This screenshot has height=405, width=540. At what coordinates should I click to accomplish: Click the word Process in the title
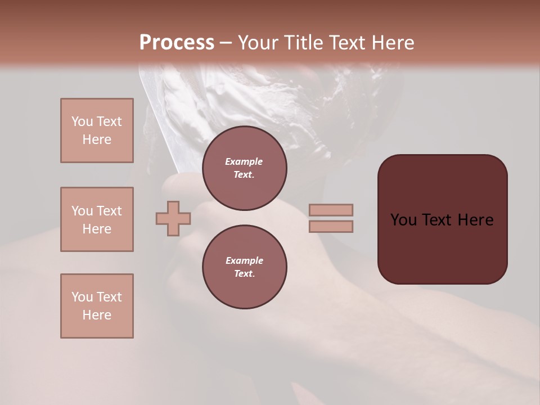click(x=177, y=43)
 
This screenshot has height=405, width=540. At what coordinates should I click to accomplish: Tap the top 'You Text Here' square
click(x=97, y=130)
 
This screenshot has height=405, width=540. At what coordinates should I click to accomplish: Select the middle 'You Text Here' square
click(x=97, y=219)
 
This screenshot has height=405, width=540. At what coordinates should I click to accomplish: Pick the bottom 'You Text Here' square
click(x=97, y=306)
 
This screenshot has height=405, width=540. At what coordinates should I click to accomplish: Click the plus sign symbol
click(x=173, y=218)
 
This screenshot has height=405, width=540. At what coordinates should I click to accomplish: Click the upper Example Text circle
click(x=244, y=168)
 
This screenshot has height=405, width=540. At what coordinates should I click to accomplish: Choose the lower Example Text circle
click(x=244, y=267)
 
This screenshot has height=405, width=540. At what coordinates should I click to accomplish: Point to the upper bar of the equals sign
click(x=331, y=210)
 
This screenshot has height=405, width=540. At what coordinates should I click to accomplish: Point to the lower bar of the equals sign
click(x=331, y=226)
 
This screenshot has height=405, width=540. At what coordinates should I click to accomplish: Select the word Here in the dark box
click(x=475, y=220)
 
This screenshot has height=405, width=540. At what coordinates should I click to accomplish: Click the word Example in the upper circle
click(x=244, y=161)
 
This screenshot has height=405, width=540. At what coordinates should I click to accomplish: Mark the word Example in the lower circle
click(x=244, y=260)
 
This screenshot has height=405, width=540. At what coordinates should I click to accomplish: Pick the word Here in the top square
click(x=97, y=139)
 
